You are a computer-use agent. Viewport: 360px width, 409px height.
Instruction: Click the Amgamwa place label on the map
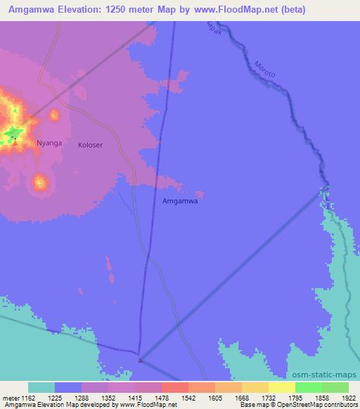(x=180, y=200)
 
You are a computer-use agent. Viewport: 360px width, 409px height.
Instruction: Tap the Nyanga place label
(x=49, y=143)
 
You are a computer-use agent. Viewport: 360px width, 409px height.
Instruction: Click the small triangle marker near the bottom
(x=141, y=361)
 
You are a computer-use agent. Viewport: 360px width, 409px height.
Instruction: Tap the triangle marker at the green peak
(x=14, y=141)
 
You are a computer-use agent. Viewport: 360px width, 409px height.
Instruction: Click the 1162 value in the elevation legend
(x=28, y=397)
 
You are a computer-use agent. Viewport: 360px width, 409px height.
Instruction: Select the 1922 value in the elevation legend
(x=347, y=397)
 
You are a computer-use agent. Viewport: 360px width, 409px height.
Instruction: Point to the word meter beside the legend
(x=10, y=397)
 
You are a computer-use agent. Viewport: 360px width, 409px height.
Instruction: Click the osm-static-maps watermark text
(x=326, y=375)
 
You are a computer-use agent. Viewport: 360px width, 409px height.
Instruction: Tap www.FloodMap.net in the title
(x=229, y=10)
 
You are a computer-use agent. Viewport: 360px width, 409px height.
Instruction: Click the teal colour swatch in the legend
(x=41, y=387)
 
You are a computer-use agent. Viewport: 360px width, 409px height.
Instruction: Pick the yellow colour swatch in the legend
(x=281, y=387)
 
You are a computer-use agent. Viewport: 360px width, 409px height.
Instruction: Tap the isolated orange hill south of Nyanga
(x=40, y=183)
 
